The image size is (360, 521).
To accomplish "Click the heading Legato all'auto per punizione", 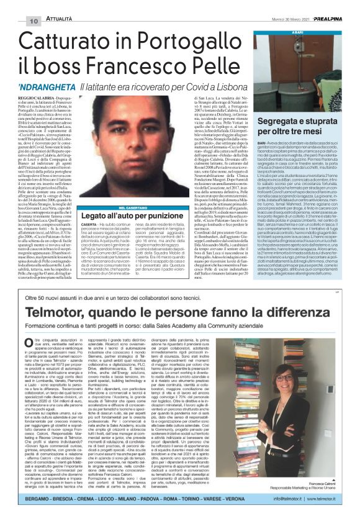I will pyautogui.click(x=153, y=217).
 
